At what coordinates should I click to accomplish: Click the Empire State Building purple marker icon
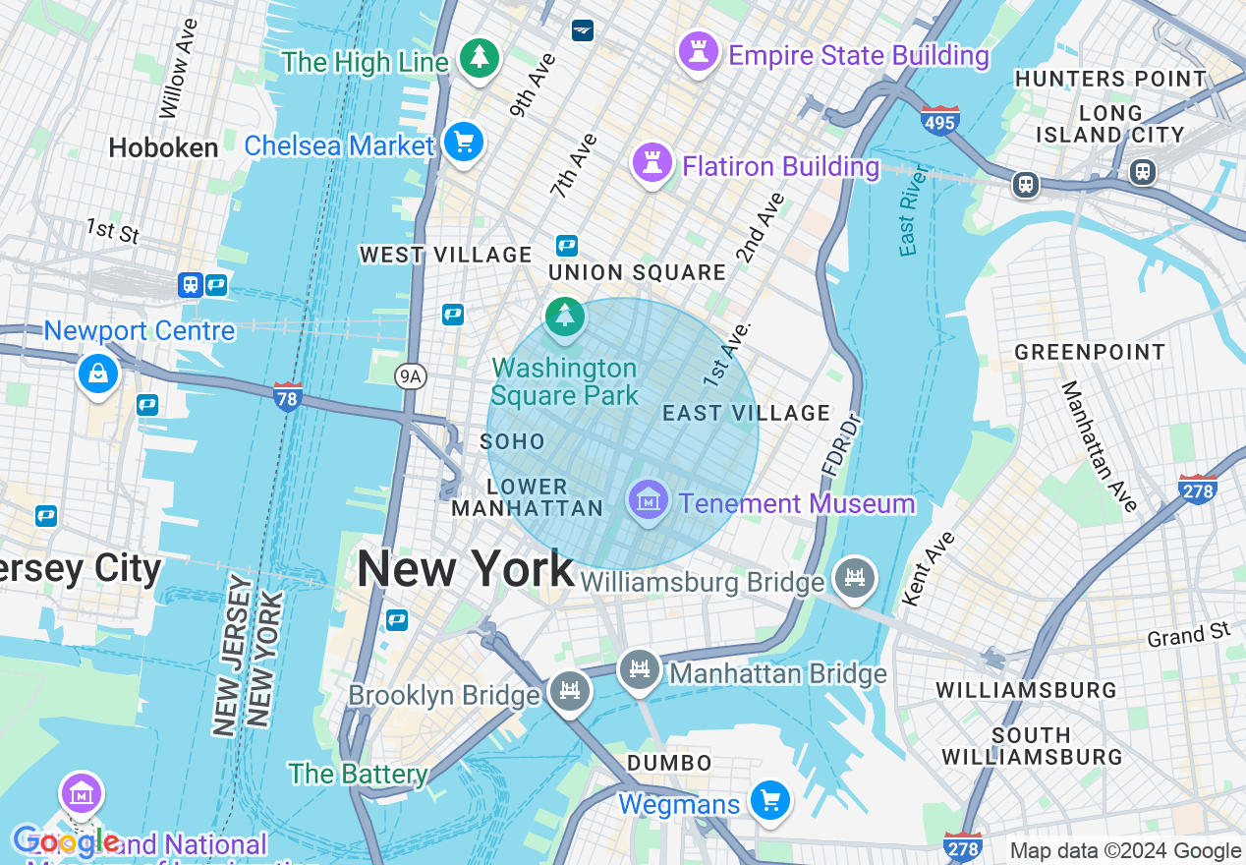tap(699, 50)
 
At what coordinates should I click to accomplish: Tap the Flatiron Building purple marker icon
tap(651, 161)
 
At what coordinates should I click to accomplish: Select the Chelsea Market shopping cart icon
tap(463, 142)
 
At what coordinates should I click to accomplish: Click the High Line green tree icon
tap(479, 58)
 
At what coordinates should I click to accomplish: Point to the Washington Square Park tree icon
tap(565, 317)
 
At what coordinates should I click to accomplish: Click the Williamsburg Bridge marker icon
tap(853, 578)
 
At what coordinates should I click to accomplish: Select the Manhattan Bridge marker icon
tap(640, 671)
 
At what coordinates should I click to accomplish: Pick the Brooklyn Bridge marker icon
tap(569, 689)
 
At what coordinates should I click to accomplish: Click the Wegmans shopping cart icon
tap(769, 800)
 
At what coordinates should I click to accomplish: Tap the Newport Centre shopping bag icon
tap(98, 374)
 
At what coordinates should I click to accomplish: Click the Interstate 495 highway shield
tap(940, 120)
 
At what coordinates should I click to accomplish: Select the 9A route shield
tap(411, 375)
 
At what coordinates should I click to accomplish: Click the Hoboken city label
tap(163, 148)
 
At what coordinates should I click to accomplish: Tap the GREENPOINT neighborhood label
tap(1090, 352)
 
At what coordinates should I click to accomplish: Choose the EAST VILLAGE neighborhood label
tap(746, 413)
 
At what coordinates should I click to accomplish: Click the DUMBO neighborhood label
tap(669, 763)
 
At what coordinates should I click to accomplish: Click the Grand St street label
tap(1188, 635)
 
